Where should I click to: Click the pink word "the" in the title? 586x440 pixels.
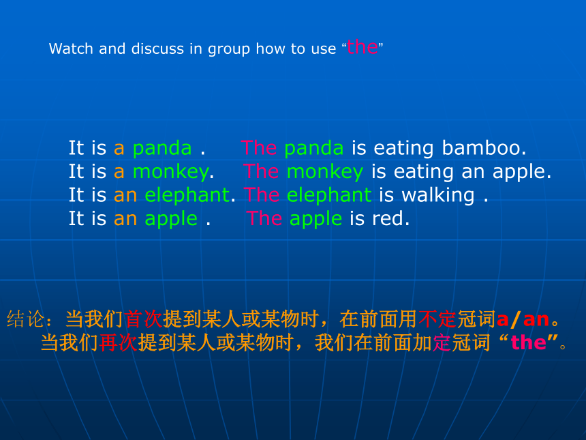[362, 47]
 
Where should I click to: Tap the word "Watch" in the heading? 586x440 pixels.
[71, 48]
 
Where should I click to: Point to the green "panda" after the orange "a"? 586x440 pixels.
[162, 149]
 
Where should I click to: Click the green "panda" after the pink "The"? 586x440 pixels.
[314, 149]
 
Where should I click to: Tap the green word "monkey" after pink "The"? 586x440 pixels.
[325, 173]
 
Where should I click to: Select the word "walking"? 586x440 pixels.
[437, 196]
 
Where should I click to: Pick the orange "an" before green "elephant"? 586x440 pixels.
[125, 196]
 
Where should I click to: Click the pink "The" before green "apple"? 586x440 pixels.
[264, 218]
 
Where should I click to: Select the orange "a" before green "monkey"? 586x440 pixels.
[119, 173]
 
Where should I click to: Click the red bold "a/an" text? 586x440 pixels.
[523, 319]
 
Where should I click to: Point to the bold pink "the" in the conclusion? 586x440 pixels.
[529, 342]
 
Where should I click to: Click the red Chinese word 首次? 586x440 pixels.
[143, 319]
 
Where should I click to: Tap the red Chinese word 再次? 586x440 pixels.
[118, 342]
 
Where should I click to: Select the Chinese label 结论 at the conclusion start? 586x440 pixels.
[25, 319]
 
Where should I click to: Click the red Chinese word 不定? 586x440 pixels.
[437, 319]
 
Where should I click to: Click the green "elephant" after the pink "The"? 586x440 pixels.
[329, 195]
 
